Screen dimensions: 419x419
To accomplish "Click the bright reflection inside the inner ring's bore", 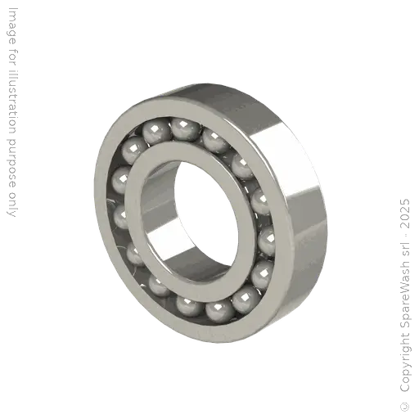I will click(168, 237).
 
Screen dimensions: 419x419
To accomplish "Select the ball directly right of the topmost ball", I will click(214, 139).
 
